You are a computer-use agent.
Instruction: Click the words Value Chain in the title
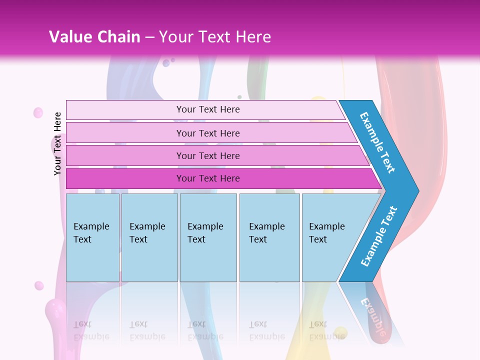94,36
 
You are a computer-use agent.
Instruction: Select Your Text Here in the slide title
215,36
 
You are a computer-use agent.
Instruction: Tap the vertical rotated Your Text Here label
57,143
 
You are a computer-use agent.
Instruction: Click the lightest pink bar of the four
208,109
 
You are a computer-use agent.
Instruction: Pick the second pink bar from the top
208,133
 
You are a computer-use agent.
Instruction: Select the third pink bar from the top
208,155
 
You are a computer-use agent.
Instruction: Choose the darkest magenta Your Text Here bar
208,178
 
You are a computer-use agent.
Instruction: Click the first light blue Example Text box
92,237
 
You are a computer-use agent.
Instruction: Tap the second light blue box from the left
149,237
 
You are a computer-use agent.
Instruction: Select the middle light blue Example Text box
208,237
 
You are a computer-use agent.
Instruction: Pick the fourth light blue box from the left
269,237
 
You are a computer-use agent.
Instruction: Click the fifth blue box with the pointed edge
330,237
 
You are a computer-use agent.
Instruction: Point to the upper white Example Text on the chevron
377,142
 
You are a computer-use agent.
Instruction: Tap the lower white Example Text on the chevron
379,236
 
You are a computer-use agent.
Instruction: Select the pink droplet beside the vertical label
38,113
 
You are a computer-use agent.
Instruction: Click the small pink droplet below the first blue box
39,285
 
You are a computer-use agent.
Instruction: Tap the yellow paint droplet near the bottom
340,332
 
